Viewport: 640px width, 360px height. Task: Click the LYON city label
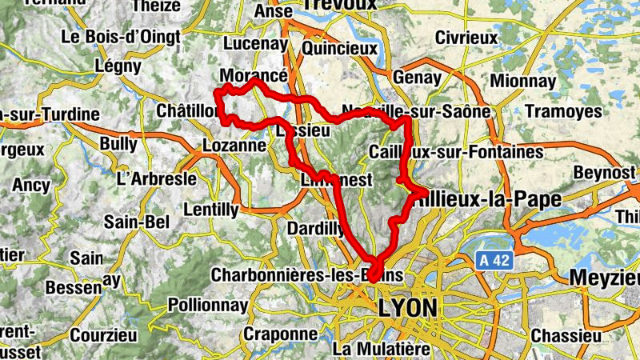pyautogui.click(x=408, y=308)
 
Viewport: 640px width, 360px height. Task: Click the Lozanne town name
pyautogui.click(x=234, y=146)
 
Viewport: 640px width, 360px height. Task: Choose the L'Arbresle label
pyautogui.click(x=156, y=178)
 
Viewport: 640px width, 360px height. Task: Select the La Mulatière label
pyautogui.click(x=382, y=348)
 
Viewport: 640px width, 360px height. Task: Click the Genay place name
pyautogui.click(x=416, y=78)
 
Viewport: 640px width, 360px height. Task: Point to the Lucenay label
pyautogui.click(x=254, y=43)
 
